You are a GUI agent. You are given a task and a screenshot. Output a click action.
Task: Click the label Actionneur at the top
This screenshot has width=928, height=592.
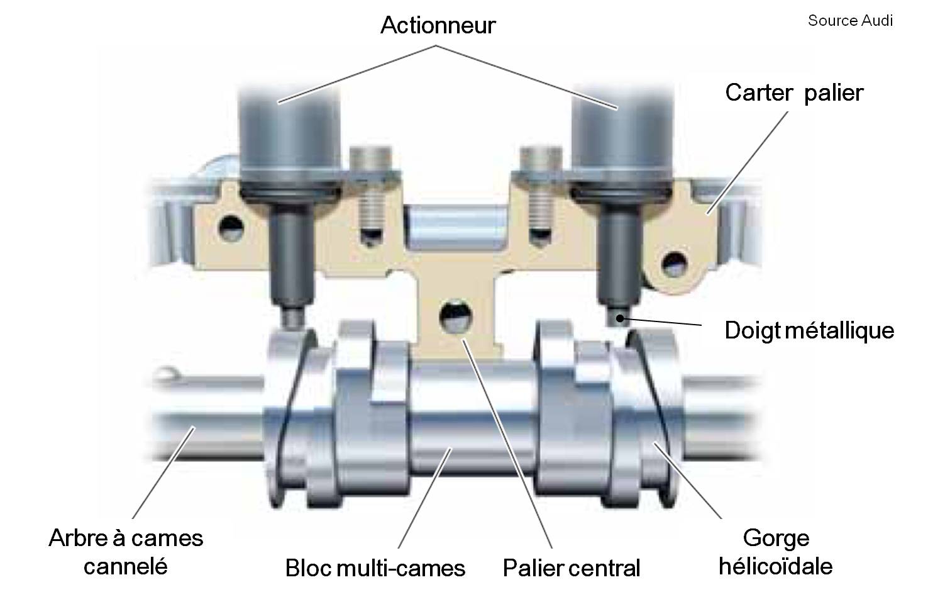pyautogui.click(x=438, y=25)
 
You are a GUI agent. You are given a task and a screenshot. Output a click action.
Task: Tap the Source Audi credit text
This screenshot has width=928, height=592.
pyautogui.click(x=850, y=20)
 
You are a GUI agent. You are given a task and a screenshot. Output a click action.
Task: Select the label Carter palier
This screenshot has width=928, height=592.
pyautogui.click(x=794, y=92)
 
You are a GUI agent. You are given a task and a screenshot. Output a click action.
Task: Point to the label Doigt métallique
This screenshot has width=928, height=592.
pyautogui.click(x=809, y=330)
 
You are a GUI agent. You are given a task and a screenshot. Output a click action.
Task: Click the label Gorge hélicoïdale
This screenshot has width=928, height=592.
pyautogui.click(x=775, y=552)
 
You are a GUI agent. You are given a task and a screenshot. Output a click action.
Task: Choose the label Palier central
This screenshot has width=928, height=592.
pyautogui.click(x=571, y=567)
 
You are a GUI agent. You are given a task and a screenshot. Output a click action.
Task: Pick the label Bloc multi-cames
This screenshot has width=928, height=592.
pyautogui.click(x=375, y=567)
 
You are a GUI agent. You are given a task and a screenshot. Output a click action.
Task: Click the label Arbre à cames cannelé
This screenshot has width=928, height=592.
pyautogui.click(x=126, y=552)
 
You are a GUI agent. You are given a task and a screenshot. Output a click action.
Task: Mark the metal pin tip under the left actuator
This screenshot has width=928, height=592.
pyautogui.click(x=291, y=318)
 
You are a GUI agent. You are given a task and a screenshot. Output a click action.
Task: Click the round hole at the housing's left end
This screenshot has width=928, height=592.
pyautogui.click(x=229, y=225)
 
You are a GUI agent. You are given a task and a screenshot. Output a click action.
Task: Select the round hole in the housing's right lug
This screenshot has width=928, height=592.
pyautogui.click(x=676, y=262)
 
